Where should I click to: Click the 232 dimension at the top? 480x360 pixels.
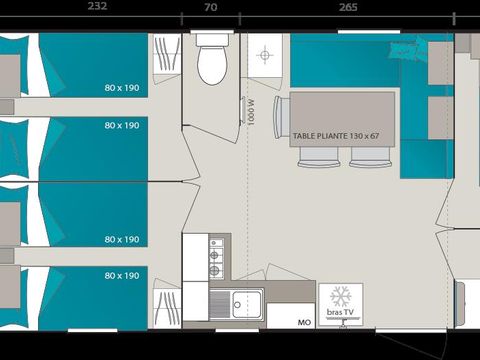tap(96, 7)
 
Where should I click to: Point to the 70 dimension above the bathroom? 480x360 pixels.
tap(210, 7)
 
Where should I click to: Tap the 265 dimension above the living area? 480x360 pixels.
tap(348, 7)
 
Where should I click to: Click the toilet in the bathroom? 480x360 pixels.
tap(212, 61)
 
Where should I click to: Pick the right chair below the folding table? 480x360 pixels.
tap(359, 156)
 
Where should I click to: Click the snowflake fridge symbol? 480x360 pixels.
tap(340, 297)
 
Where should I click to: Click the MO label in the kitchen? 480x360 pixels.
tap(302, 323)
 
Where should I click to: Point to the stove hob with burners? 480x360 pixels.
tap(215, 257)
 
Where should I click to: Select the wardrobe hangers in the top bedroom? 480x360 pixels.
tap(162, 59)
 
